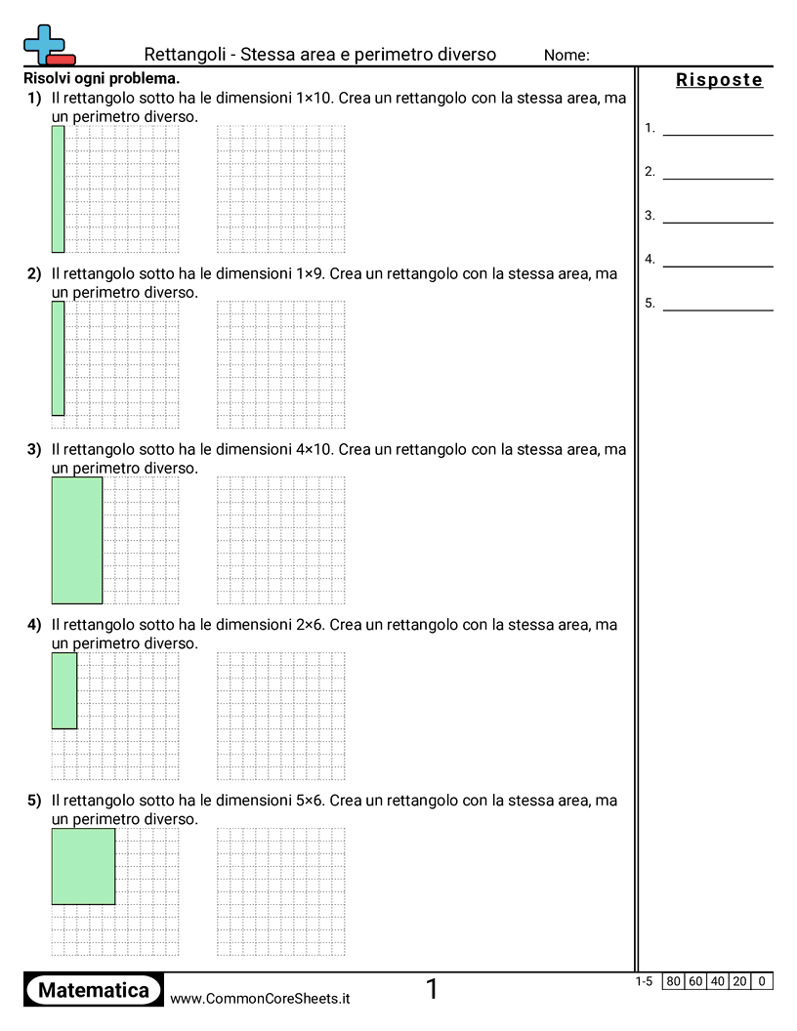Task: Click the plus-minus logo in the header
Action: pyautogui.click(x=48, y=45)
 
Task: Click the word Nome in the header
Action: pyautogui.click(x=566, y=56)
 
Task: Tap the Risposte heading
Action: pyautogui.click(x=719, y=80)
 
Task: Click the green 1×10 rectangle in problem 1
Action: pyautogui.click(x=58, y=188)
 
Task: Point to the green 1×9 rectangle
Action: pyautogui.click(x=58, y=358)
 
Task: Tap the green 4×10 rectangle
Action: pyautogui.click(x=76, y=540)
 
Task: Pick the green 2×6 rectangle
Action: pyautogui.click(x=63, y=690)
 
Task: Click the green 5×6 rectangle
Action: pyautogui.click(x=83, y=866)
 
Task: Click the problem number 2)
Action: pyautogui.click(x=34, y=274)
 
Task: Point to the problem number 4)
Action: pyautogui.click(x=34, y=625)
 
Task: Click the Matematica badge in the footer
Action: pyautogui.click(x=94, y=990)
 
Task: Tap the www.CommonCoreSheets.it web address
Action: pyautogui.click(x=260, y=998)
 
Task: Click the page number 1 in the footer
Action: pyautogui.click(x=432, y=990)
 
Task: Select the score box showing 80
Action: pyautogui.click(x=672, y=981)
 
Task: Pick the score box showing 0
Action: pyautogui.click(x=762, y=981)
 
